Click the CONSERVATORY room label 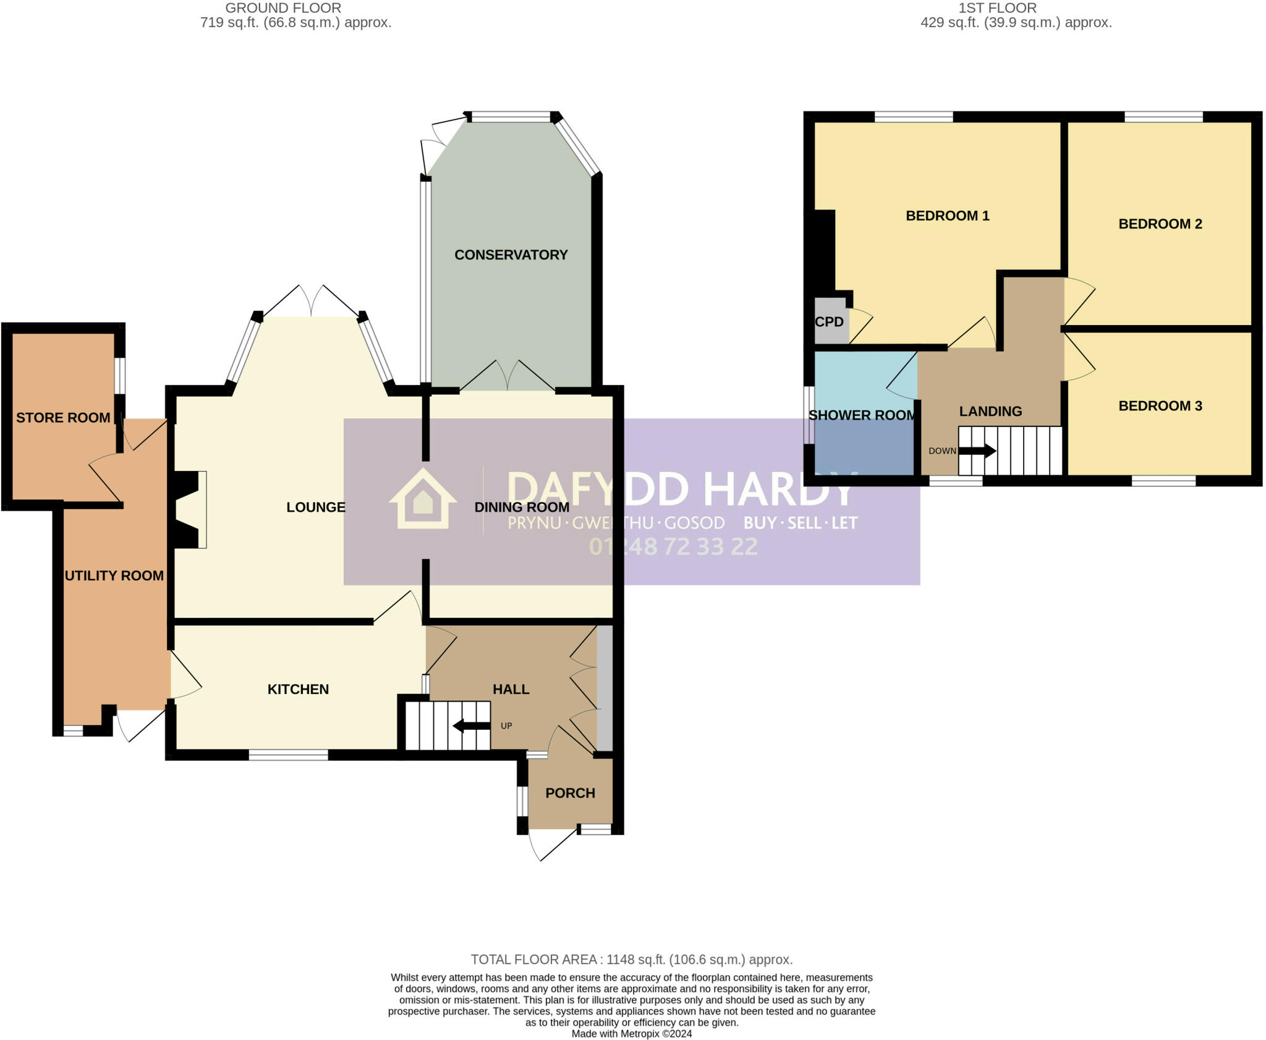[x=511, y=255]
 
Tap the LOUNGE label [x=315, y=507]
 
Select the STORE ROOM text [x=63, y=418]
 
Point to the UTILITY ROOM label [x=114, y=575]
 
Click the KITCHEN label [x=298, y=689]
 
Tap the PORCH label [x=570, y=793]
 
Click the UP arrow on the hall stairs [x=472, y=725]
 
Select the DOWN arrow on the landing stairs [x=977, y=451]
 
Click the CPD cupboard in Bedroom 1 [x=830, y=322]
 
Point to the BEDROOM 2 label [x=1160, y=224]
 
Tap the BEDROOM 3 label [x=1160, y=406]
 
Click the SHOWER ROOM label [x=862, y=415]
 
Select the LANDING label [x=990, y=412]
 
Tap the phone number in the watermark [x=673, y=546]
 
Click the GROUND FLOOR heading [x=283, y=8]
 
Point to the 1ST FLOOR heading [x=997, y=8]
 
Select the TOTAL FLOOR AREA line [x=631, y=960]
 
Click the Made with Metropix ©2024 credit [x=631, y=1034]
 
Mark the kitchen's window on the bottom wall [x=288, y=755]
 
